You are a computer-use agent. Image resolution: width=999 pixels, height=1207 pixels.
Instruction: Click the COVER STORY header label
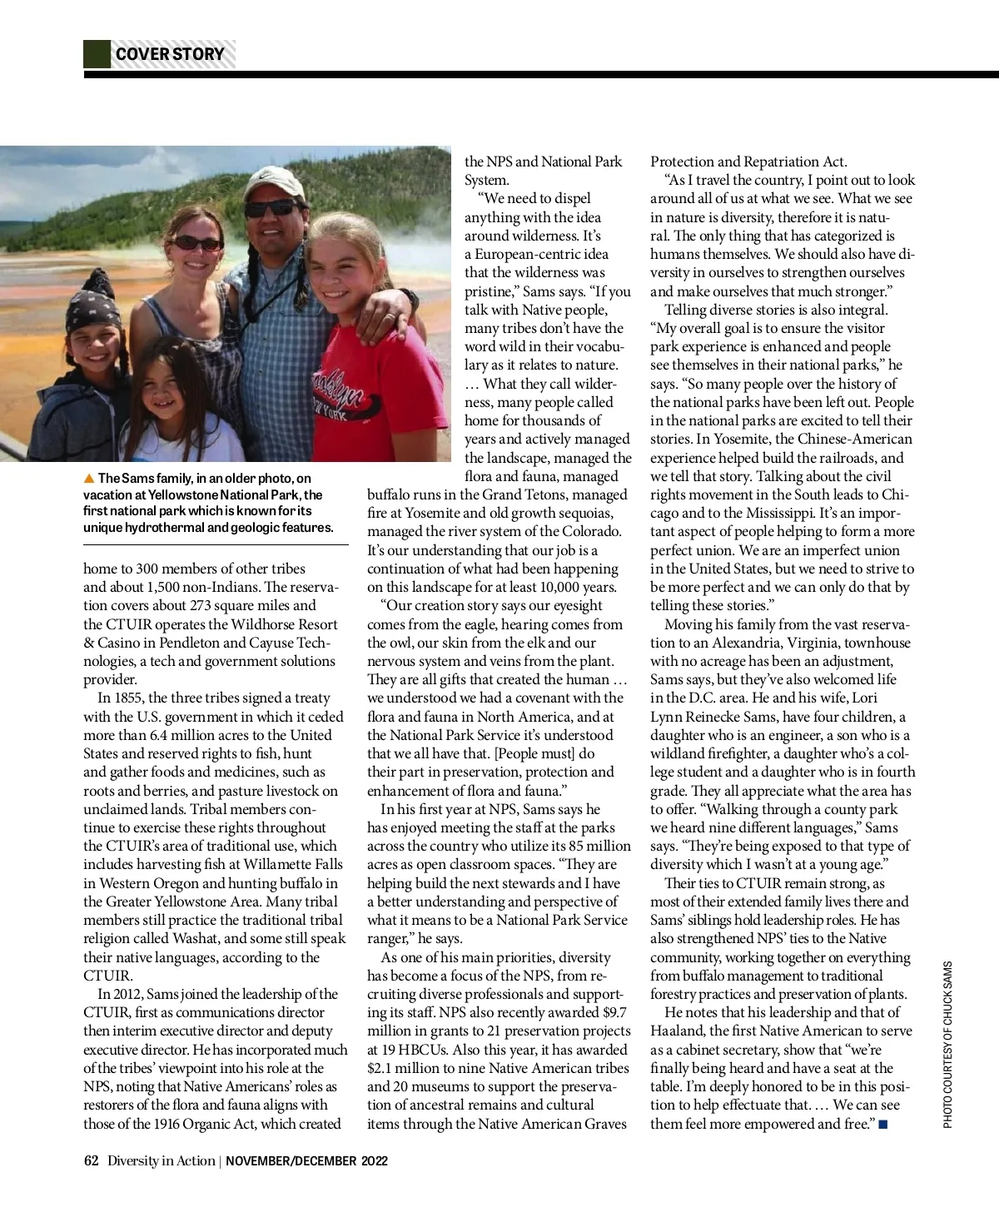pos(170,54)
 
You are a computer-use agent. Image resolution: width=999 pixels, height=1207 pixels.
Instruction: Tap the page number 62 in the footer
pos(91,1160)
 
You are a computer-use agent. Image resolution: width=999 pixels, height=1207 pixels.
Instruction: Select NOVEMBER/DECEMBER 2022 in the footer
pos(306,1160)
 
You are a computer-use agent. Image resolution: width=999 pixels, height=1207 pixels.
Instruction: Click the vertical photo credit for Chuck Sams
pos(947,1045)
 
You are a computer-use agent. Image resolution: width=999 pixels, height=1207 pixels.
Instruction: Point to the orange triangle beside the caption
pos(89,478)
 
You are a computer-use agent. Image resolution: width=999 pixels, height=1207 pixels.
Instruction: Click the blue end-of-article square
pos(883,1125)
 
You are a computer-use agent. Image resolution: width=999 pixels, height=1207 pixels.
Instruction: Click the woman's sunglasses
pos(196,243)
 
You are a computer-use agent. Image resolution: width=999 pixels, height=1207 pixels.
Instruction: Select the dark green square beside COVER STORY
pos(97,54)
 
